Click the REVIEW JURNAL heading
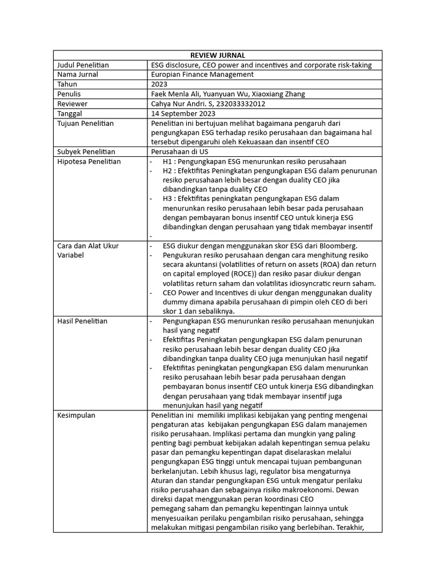tap(218, 55)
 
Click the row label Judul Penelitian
tap(83, 65)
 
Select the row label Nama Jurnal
tap(78, 74)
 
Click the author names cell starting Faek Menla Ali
tap(228, 94)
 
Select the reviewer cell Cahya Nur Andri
tap(208, 104)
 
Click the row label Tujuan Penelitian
tap(85, 123)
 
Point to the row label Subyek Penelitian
tap(86, 152)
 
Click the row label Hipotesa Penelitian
tap(89, 161)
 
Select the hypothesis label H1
tap(168, 161)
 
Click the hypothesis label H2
tap(168, 171)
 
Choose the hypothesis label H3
tap(168, 199)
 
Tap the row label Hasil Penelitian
tap(82, 320)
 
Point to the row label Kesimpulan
tap(76, 414)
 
